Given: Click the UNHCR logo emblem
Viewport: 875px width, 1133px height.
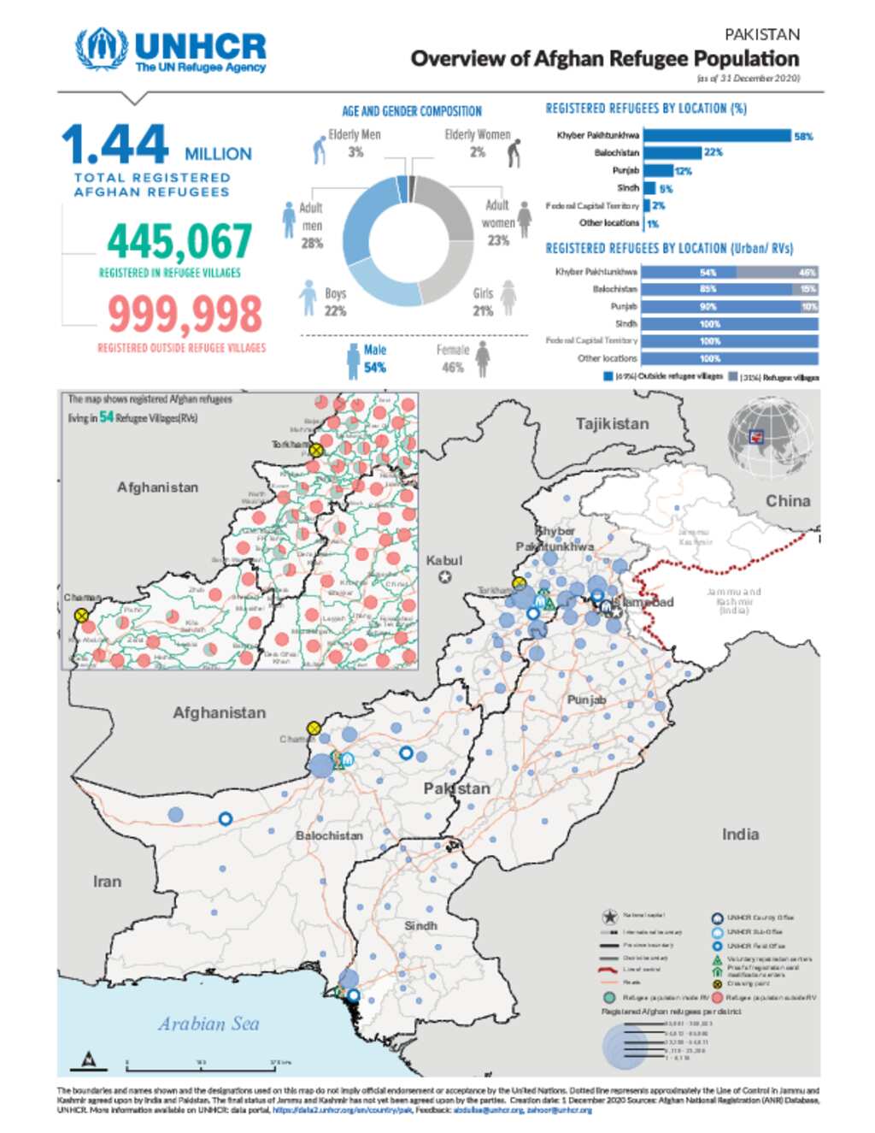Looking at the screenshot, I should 102,49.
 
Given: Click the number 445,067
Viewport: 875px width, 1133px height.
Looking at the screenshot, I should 179,242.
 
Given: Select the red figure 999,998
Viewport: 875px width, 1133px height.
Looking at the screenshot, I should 185,314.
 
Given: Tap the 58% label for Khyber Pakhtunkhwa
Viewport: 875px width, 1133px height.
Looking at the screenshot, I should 803,137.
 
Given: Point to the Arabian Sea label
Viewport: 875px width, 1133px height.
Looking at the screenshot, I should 208,1024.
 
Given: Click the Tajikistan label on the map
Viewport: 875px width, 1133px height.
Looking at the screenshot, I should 612,424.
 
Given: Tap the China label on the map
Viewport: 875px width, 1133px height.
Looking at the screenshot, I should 787,501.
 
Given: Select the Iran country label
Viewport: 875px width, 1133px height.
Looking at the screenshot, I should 107,882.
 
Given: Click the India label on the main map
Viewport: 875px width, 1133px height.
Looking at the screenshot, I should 740,835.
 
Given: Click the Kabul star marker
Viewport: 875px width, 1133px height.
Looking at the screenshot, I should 445,577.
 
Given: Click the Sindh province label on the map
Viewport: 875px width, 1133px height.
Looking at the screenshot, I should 420,926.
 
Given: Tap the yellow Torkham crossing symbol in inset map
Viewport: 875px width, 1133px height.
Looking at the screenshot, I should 316,451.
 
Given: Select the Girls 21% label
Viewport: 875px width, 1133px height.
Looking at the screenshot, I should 484,302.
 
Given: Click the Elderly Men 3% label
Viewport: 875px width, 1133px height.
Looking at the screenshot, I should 355,143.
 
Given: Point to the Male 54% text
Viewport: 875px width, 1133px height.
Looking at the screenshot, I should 375,359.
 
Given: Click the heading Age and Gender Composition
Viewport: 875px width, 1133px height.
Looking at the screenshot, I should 412,111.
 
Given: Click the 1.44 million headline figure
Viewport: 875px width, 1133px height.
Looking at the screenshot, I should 116,146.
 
